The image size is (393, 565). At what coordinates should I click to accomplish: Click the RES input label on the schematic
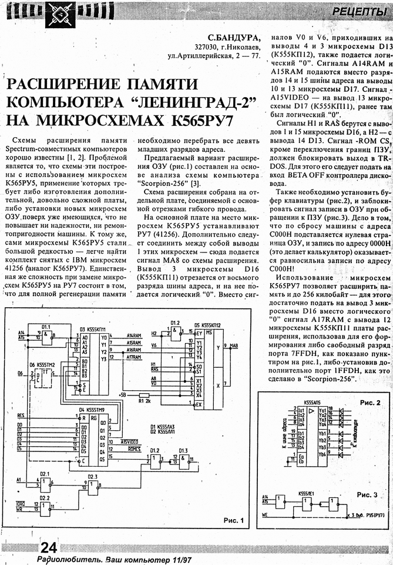click(21, 415)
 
